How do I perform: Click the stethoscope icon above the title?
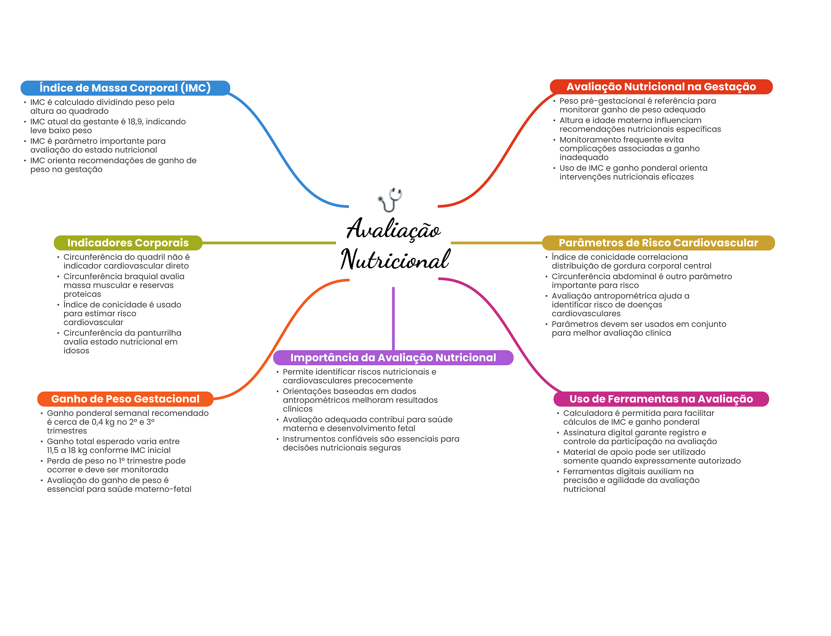point(390,199)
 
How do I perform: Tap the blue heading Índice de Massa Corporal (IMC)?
point(125,88)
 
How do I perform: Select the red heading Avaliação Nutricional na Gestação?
point(661,87)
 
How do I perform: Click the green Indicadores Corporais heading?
point(128,243)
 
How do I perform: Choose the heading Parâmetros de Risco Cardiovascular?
point(658,243)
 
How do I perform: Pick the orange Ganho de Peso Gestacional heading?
point(125,399)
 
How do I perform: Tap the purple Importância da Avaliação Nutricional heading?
point(393,358)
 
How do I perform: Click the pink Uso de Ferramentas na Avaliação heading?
point(661,399)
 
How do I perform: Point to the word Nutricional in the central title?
point(395,260)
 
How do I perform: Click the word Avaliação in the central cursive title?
point(393,229)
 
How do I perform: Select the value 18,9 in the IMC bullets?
point(136,122)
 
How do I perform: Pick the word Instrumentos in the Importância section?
point(308,439)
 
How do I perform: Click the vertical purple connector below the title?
point(393,318)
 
